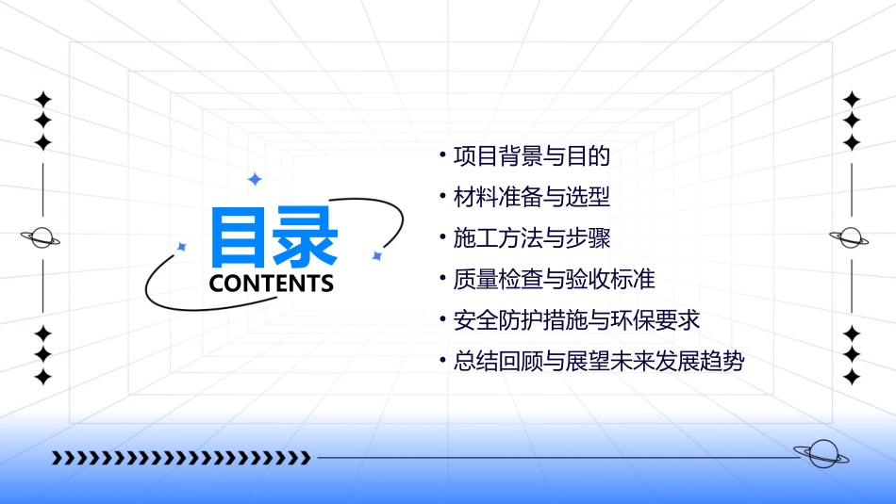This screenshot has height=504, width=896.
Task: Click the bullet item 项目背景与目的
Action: coord(533,155)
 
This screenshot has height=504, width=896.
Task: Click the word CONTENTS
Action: coord(272,284)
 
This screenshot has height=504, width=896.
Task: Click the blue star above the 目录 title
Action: coord(254,179)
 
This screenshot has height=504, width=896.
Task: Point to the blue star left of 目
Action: coord(182,247)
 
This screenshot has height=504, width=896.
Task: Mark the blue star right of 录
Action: coord(376,255)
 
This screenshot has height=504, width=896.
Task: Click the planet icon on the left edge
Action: coord(41,237)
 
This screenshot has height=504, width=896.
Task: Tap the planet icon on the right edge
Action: coord(850,237)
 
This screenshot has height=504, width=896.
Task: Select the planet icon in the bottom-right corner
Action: coord(821,454)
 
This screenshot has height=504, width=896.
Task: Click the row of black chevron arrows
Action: coord(181,458)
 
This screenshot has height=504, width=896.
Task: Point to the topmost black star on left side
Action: coord(42,99)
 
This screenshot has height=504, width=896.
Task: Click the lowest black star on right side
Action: coord(852,377)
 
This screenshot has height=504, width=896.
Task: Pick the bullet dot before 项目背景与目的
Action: coord(442,153)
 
